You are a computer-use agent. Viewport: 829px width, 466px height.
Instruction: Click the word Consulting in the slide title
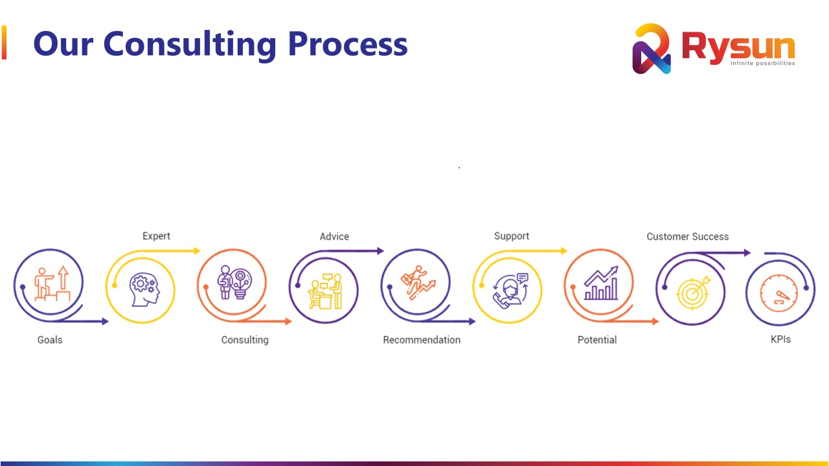tap(190, 45)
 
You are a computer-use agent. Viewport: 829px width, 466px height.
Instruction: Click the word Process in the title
tap(348, 45)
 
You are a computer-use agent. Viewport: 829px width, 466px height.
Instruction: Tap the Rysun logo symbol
tap(652, 49)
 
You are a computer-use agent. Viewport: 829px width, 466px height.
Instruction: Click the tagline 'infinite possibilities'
tap(763, 63)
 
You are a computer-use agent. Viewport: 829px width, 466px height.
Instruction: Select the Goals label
tap(50, 340)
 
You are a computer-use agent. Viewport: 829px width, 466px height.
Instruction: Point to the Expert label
tap(156, 236)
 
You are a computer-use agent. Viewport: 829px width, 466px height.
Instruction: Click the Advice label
tap(334, 237)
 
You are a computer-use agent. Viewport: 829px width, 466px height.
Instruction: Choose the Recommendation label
tap(422, 340)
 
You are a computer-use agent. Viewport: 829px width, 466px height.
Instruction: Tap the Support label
tap(512, 236)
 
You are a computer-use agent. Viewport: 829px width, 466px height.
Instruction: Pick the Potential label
tap(597, 340)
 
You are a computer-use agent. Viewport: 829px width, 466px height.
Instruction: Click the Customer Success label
tap(688, 237)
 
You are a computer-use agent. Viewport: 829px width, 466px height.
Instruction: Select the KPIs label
tap(780, 340)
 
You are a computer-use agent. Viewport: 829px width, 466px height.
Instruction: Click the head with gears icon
tap(144, 290)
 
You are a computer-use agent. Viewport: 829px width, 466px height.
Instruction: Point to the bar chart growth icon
tap(601, 283)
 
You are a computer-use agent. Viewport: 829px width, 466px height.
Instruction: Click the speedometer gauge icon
tap(778, 293)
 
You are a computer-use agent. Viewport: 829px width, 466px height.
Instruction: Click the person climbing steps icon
tap(52, 283)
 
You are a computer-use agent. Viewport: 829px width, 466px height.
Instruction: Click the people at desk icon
tap(326, 291)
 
